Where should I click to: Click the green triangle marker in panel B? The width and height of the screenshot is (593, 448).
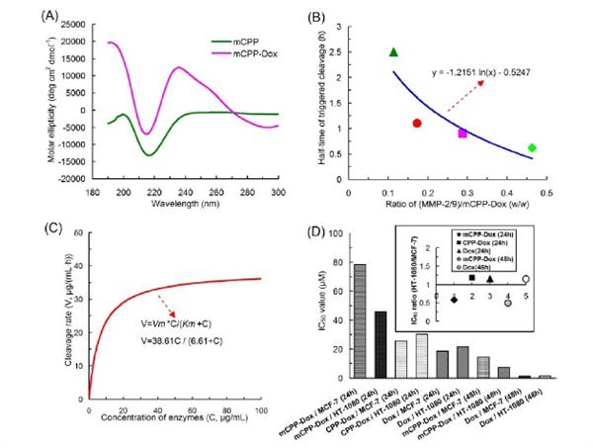394,52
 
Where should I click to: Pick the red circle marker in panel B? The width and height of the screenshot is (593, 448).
417,123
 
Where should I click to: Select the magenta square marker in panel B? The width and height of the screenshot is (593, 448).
462,133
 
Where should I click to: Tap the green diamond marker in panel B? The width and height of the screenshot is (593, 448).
532,147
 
